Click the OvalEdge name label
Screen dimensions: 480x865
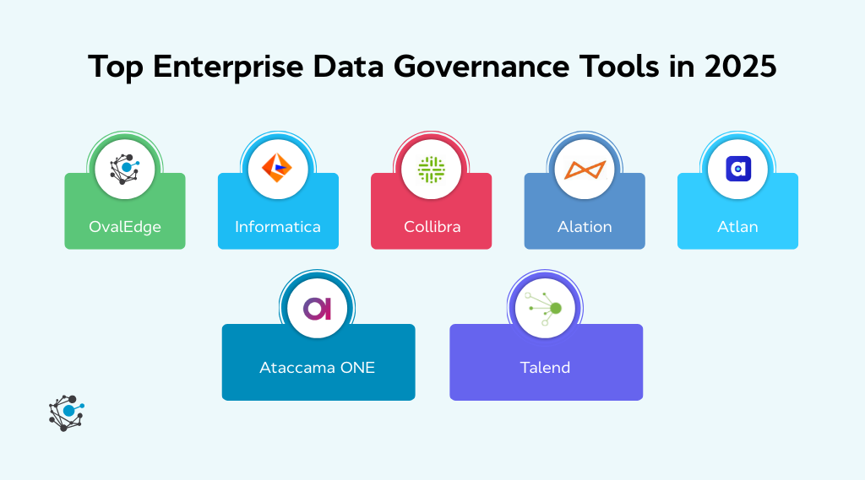(125, 227)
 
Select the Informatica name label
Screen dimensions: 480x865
(278, 227)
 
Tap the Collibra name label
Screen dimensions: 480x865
(432, 227)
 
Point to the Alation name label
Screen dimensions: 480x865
(585, 227)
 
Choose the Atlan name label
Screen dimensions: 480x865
(737, 227)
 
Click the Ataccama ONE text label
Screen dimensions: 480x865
(318, 368)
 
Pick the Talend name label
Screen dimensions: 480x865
(546, 368)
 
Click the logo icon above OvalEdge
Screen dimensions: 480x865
(125, 169)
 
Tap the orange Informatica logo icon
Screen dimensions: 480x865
(278, 169)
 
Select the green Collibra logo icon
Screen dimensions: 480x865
(432, 169)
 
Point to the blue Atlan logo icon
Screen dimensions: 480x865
(737, 169)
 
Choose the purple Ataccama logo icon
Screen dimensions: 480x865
(318, 309)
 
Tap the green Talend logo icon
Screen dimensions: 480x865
(546, 309)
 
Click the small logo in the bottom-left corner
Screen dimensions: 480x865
(67, 413)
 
